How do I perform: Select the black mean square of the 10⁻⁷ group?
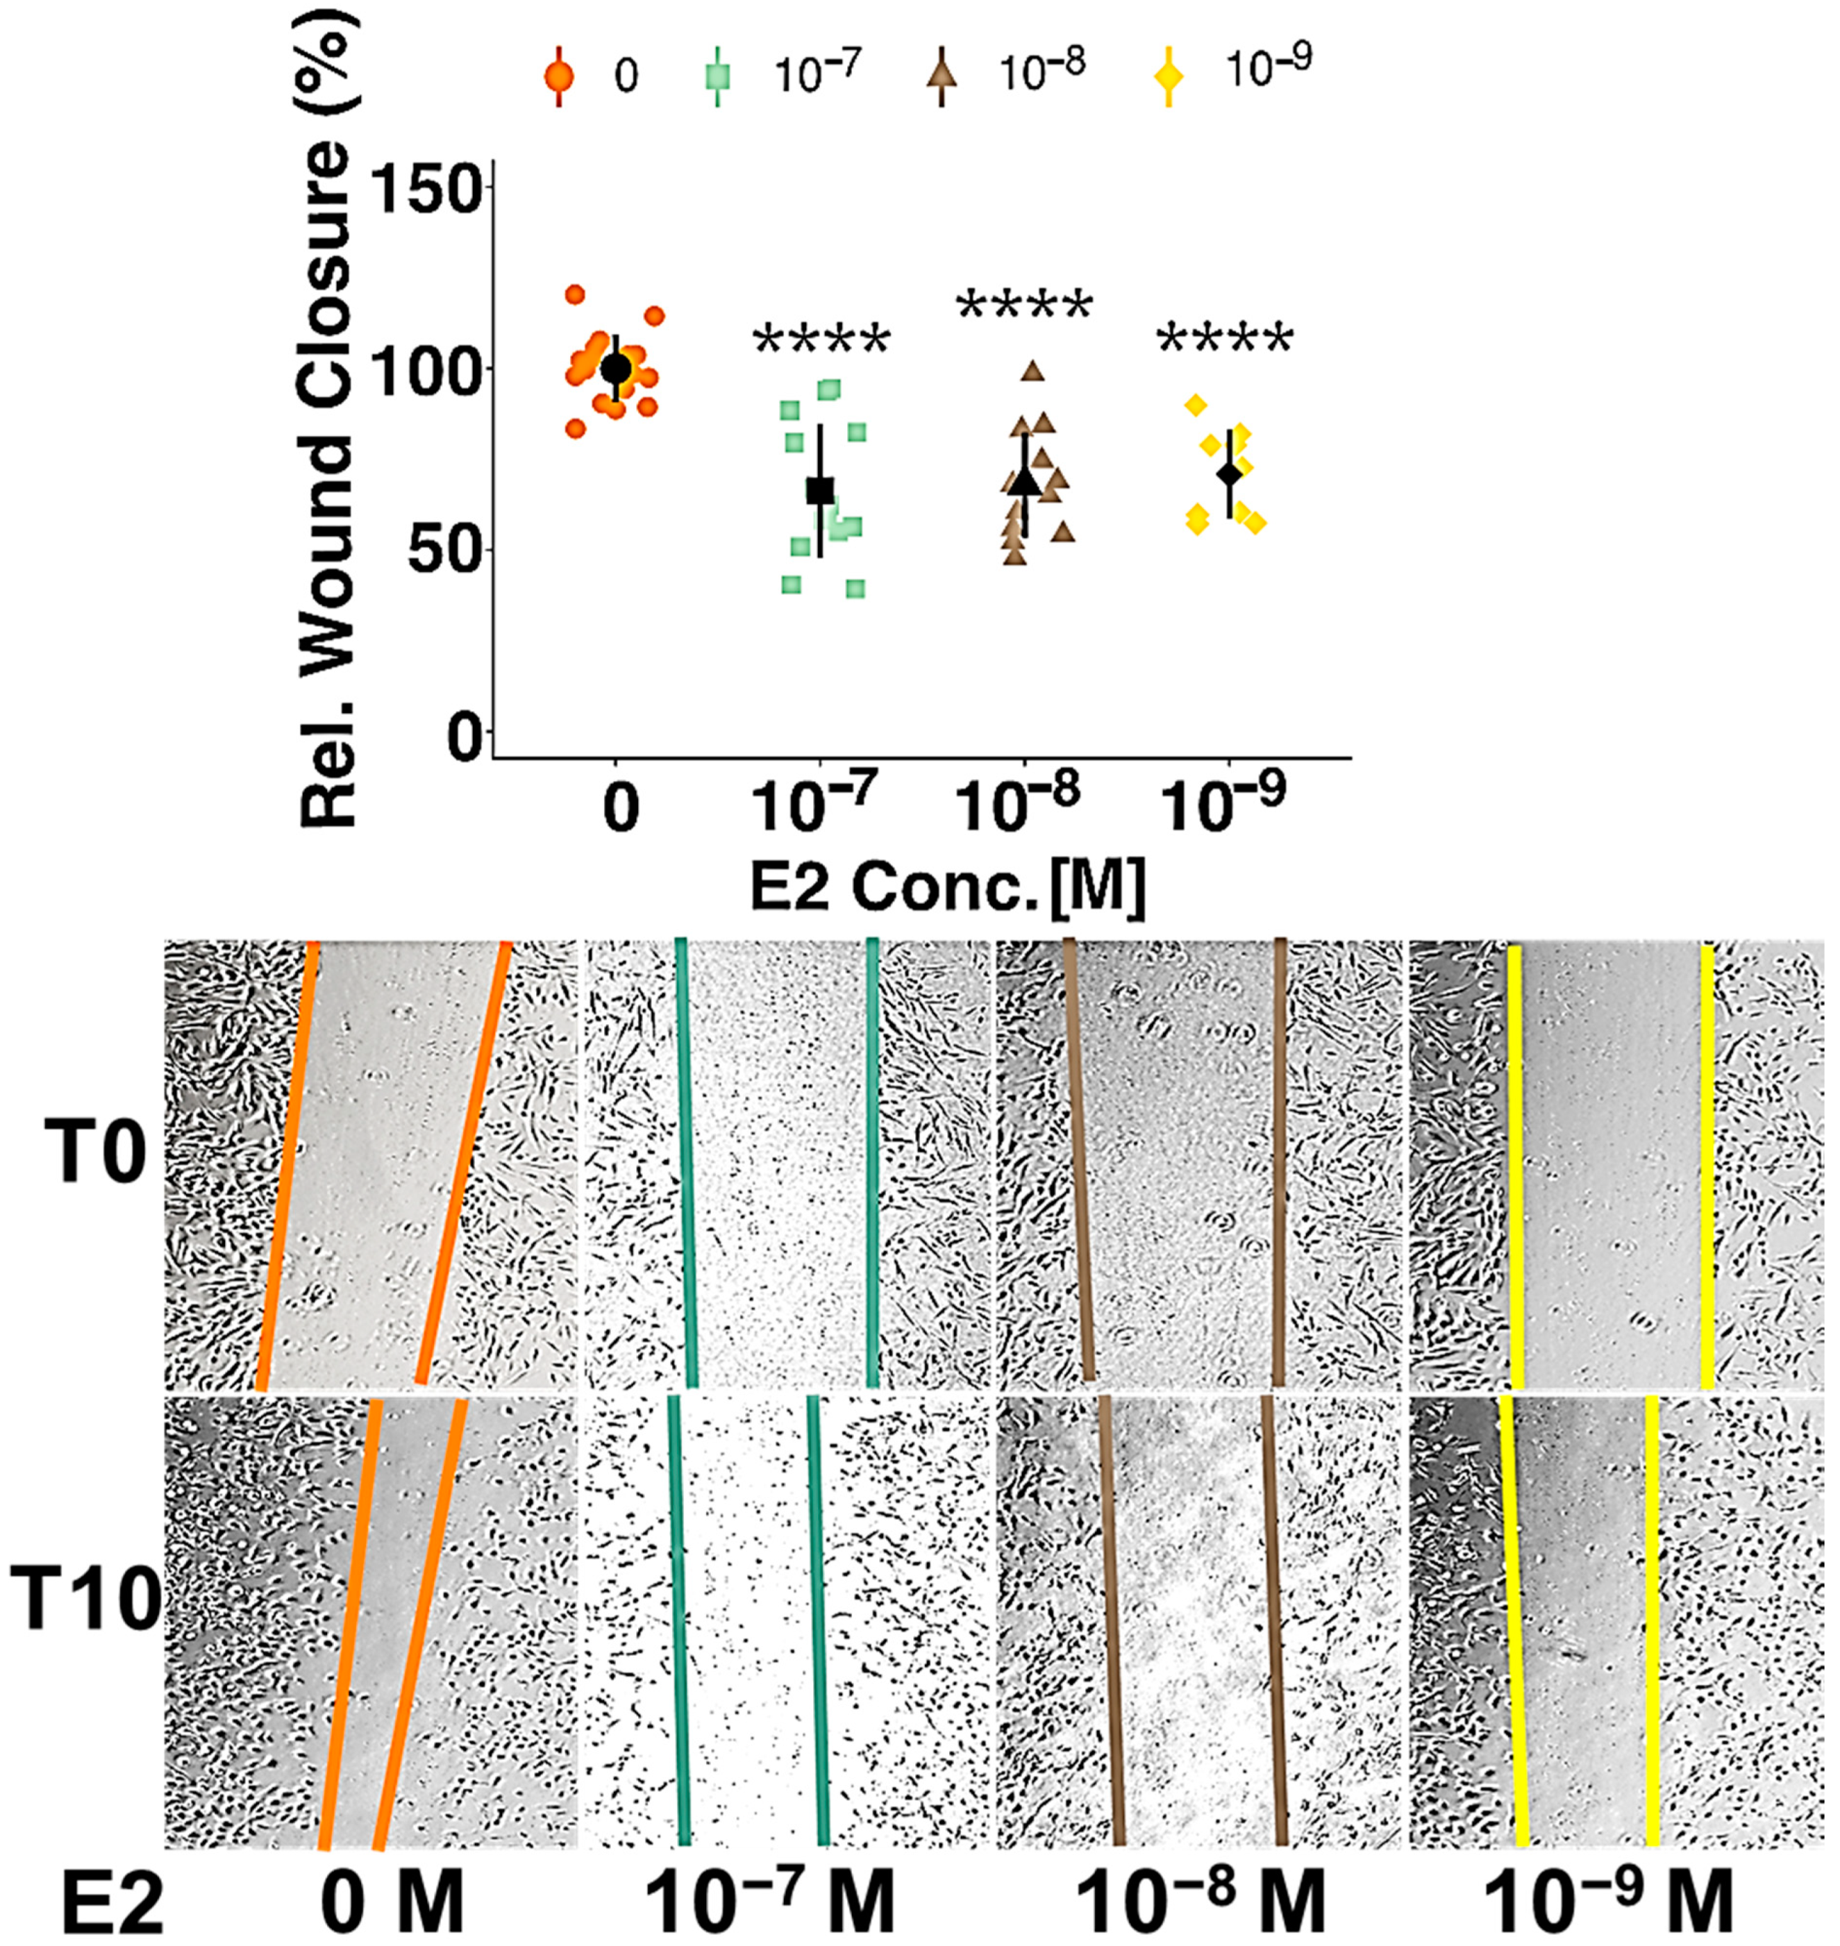pos(820,489)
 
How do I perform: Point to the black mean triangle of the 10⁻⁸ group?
pos(1025,480)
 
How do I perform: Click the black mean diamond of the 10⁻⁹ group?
pos(1229,473)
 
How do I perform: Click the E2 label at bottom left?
pos(111,1901)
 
